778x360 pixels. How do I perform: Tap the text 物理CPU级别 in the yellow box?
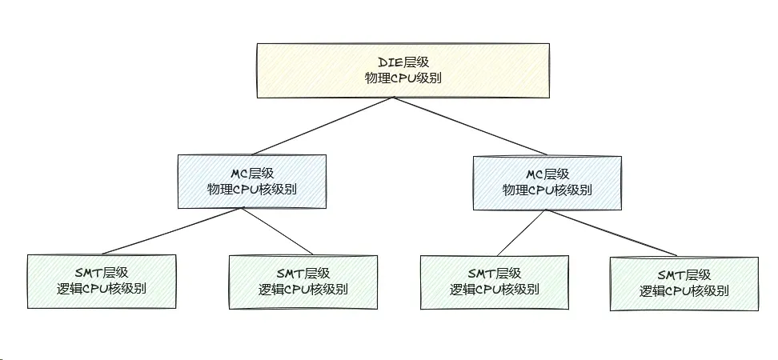pos(403,78)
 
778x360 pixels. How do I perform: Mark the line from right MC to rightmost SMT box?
pos(612,232)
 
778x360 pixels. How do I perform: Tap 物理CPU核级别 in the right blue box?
pos(547,190)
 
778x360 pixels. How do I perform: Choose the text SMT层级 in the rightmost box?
pos(684,275)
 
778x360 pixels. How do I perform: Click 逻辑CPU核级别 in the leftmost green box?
pos(101,290)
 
